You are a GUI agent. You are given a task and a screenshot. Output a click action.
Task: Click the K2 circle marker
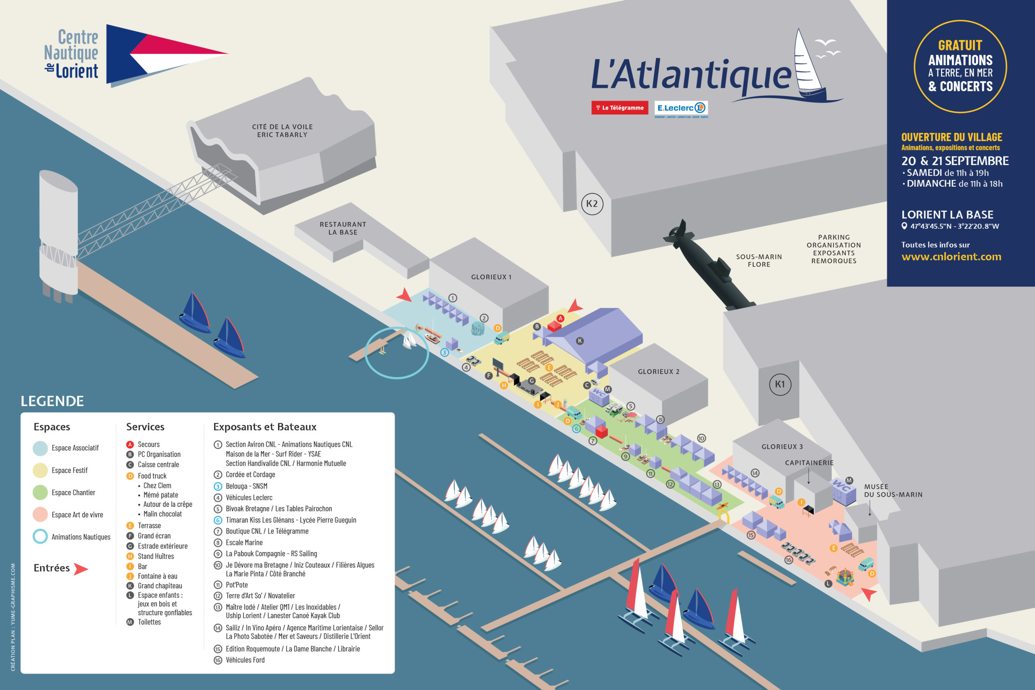pos(592,204)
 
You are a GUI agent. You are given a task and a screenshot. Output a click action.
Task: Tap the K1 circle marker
pos(780,384)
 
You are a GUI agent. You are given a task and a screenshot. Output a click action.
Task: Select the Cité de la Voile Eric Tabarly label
pos(282,131)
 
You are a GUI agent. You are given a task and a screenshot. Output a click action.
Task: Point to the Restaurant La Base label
pos(343,228)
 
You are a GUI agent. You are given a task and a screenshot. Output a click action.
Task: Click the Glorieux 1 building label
pos(491,277)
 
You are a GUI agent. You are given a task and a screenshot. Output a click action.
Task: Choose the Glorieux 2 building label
pos(658,371)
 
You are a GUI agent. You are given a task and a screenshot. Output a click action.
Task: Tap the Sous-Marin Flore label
pos(759,260)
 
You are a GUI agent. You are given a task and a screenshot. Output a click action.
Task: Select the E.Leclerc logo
pos(681,108)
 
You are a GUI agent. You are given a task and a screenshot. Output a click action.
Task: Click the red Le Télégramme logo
pos(620,108)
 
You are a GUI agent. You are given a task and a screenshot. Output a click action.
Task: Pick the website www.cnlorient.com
pos(951,257)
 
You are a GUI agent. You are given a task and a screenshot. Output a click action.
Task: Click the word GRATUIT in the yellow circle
pos(960,45)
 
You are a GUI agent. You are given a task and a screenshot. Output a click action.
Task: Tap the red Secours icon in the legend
pos(130,445)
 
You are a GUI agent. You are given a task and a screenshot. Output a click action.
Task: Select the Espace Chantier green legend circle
pos(40,492)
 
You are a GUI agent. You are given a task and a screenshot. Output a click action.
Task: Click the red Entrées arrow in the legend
pos(80,569)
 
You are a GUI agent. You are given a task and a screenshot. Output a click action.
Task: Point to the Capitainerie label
pos(809,462)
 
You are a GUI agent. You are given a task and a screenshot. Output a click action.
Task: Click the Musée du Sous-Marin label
pos(893,490)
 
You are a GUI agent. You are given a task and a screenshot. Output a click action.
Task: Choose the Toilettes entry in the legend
pos(149,622)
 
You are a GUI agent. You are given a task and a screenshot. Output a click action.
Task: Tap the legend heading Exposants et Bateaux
pos(264,426)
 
